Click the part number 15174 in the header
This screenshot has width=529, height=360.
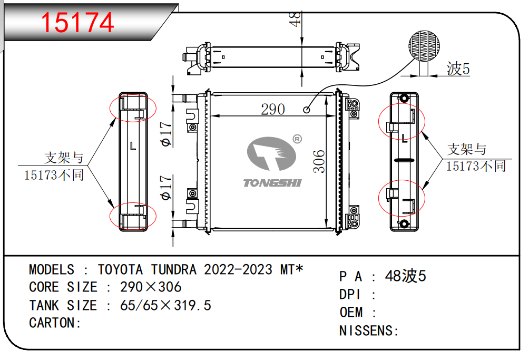pos(77,22)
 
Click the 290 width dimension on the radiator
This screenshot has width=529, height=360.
pos(273,109)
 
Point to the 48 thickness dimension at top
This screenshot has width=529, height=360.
pos(296,20)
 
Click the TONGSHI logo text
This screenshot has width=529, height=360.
pos(272,182)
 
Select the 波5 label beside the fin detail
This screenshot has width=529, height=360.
pos(458,69)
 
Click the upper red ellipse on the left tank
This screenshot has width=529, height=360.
pos(133,108)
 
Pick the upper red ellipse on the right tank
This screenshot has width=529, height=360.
pos(401,122)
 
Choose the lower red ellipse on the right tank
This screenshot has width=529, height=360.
pos(401,198)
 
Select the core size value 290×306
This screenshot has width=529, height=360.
pos(151,287)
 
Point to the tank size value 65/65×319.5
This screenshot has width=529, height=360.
pos(165,305)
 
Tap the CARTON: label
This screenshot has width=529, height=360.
pos(55,323)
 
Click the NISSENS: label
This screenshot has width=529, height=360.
pos(368,331)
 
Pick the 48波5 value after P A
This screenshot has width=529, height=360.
pos(405,276)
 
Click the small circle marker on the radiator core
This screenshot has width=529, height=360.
pos(306,110)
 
